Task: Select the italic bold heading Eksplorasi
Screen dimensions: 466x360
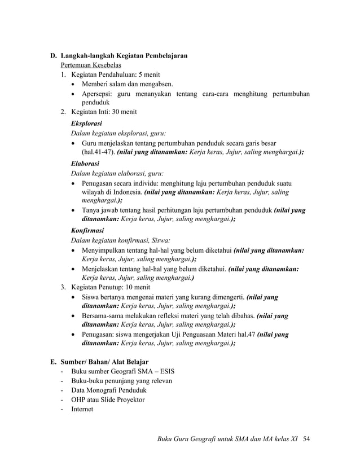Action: click(x=86, y=122)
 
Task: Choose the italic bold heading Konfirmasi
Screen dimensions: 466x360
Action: click(x=87, y=230)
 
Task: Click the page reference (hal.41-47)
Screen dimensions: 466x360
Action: click(x=98, y=152)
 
